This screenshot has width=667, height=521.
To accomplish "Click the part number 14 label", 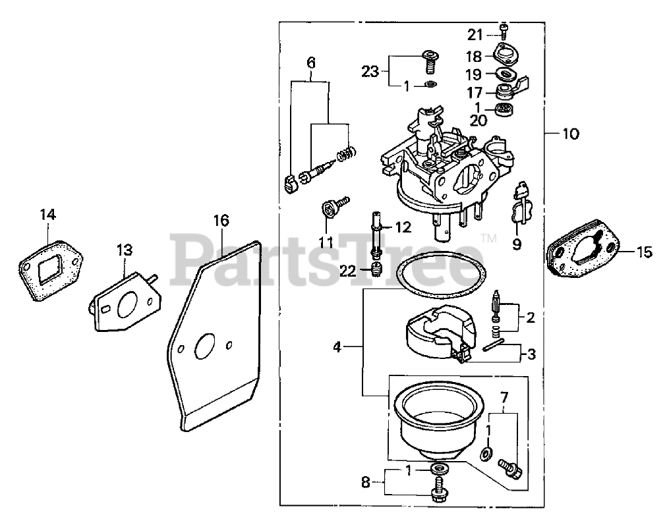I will [x=47, y=214].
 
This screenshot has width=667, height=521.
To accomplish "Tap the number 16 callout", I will [x=221, y=220].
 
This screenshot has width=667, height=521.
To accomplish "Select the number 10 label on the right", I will [x=571, y=134].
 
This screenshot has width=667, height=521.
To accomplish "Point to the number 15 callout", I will [x=644, y=251].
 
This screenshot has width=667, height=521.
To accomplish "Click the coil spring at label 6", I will [x=345, y=155].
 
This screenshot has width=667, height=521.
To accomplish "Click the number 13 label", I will [x=125, y=250].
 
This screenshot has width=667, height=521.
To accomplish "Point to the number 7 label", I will [x=504, y=397].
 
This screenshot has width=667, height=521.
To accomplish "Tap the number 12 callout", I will [x=403, y=227].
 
